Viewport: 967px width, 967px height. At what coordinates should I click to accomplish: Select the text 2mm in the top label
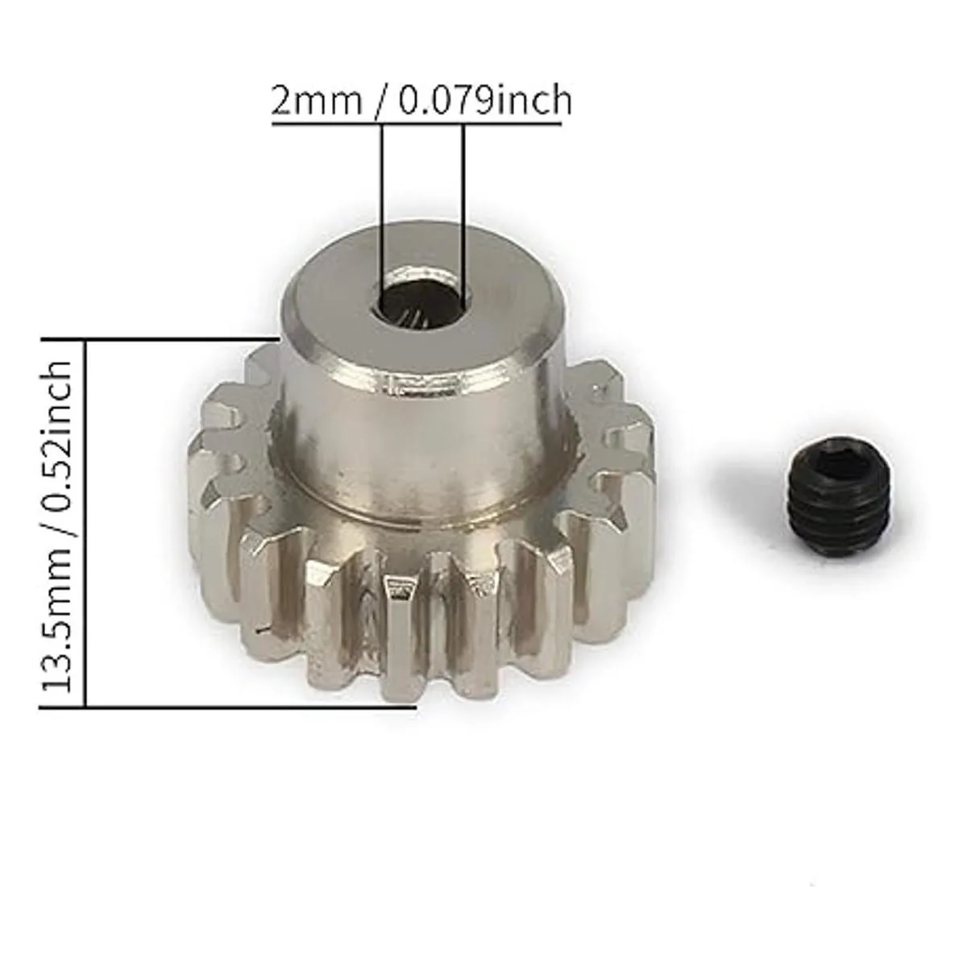pyautogui.click(x=316, y=102)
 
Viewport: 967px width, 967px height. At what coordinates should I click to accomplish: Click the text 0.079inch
pyautogui.click(x=485, y=101)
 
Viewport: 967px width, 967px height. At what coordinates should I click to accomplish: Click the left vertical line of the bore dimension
pyautogui.click(x=382, y=212)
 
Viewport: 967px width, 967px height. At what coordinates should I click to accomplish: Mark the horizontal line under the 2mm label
pyautogui.click(x=416, y=123)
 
